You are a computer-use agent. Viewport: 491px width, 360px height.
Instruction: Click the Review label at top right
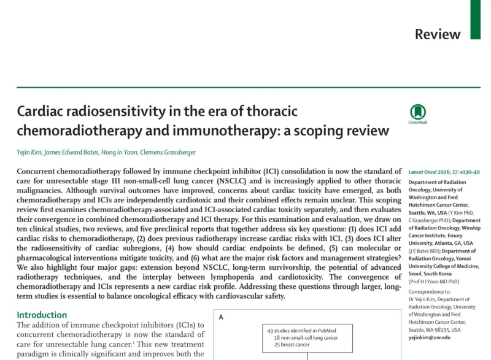(x=438, y=34)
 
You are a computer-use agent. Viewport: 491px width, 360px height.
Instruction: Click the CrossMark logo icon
(x=418, y=112)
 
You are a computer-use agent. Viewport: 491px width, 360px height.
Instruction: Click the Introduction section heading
(x=42, y=315)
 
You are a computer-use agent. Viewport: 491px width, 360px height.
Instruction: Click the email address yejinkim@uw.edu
(x=431, y=337)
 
